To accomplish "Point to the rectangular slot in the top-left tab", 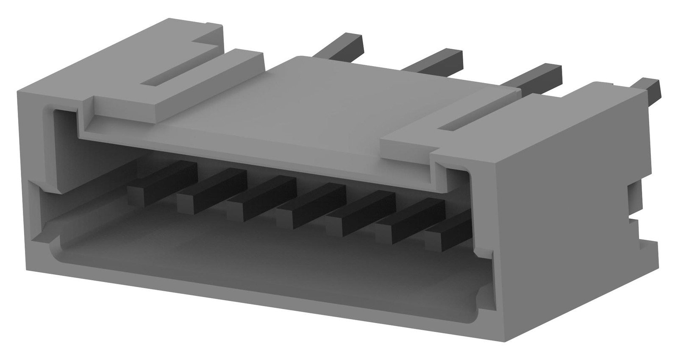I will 169,78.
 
